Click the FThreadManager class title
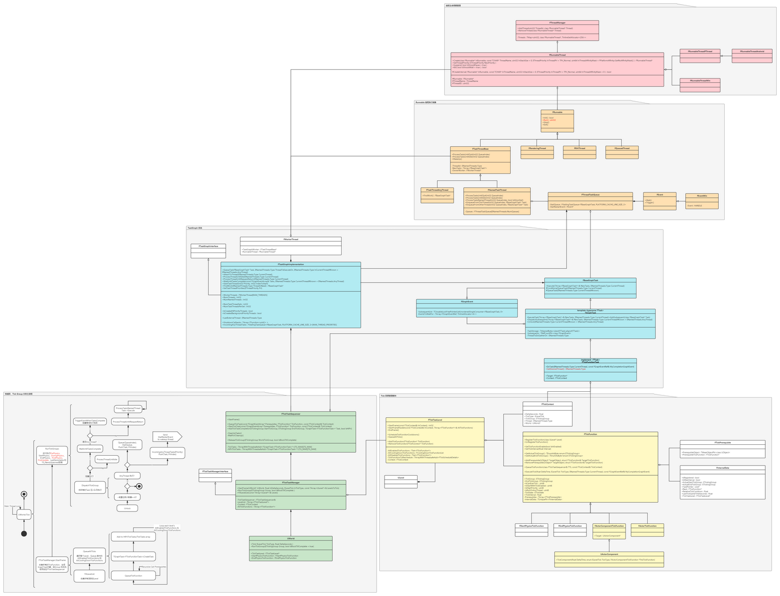click(557, 23)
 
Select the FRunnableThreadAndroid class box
click(752, 56)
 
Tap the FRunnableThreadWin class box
click(700, 85)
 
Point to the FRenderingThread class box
click(537, 152)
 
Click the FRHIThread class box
click(580, 152)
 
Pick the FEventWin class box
click(702, 201)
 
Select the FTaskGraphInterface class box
click(208, 250)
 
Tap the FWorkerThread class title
click(291, 239)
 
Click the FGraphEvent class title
click(466, 301)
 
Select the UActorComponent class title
click(609, 554)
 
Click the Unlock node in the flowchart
click(127, 508)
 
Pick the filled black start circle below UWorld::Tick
click(23, 534)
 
